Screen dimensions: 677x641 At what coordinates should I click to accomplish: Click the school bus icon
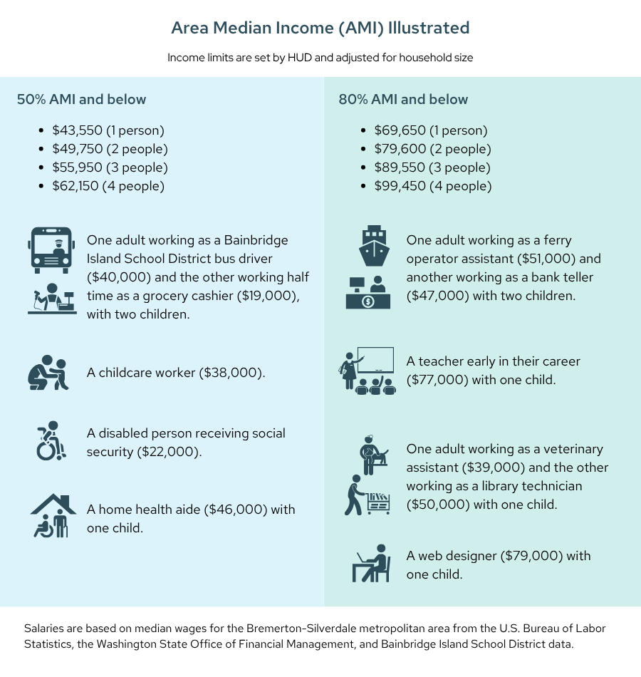[51, 250]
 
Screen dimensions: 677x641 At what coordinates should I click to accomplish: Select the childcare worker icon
[48, 373]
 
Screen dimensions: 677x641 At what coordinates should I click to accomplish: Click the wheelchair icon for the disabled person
[51, 441]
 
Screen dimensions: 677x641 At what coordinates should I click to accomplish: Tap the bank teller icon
[368, 292]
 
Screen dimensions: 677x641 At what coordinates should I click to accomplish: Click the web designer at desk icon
[372, 564]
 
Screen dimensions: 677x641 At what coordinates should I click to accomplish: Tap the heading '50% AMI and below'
[81, 99]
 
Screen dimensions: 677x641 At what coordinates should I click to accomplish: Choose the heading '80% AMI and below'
[403, 99]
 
